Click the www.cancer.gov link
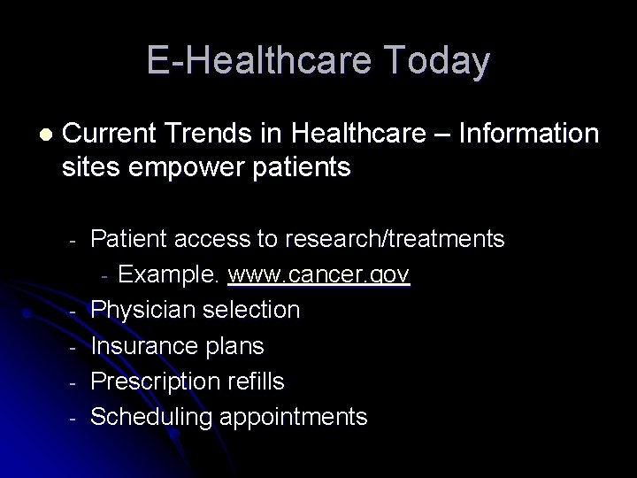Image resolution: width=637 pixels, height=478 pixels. [318, 275]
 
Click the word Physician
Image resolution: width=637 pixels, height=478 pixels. [144, 310]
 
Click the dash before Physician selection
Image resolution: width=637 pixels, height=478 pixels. [76, 312]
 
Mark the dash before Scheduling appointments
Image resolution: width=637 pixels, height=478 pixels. [76, 418]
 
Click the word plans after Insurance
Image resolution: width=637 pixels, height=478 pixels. [234, 346]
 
